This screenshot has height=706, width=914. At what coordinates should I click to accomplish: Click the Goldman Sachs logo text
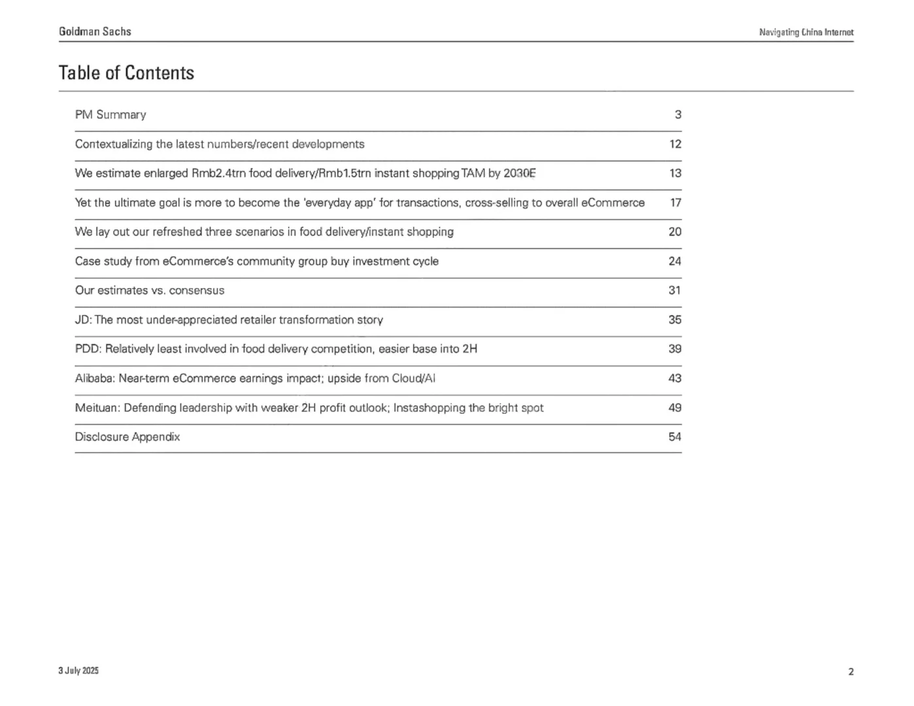click(95, 31)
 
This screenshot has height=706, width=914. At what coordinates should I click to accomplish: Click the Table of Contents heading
click(126, 73)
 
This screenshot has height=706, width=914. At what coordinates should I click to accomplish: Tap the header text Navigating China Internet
click(806, 32)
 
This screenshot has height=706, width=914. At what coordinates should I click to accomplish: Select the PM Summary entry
click(110, 114)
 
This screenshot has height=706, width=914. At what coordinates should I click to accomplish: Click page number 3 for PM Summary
click(678, 114)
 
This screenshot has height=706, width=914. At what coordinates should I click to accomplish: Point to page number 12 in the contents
click(675, 144)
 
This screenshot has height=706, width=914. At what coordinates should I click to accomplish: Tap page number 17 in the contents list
click(675, 203)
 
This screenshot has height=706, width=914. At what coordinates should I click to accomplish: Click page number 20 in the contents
click(675, 231)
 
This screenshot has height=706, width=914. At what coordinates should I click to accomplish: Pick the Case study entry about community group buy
click(256, 261)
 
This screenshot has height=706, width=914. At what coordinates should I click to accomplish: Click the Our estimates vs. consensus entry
click(149, 290)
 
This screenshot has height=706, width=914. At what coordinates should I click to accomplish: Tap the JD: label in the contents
click(83, 320)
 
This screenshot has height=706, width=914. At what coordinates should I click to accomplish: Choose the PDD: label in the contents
click(88, 348)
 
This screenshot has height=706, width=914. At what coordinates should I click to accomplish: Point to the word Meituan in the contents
click(97, 407)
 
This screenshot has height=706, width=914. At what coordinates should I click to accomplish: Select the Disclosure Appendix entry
click(127, 437)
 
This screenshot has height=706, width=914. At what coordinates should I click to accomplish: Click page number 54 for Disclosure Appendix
click(675, 437)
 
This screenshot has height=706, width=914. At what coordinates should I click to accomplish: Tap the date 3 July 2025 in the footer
click(78, 671)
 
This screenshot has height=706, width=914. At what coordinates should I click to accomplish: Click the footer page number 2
click(851, 671)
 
